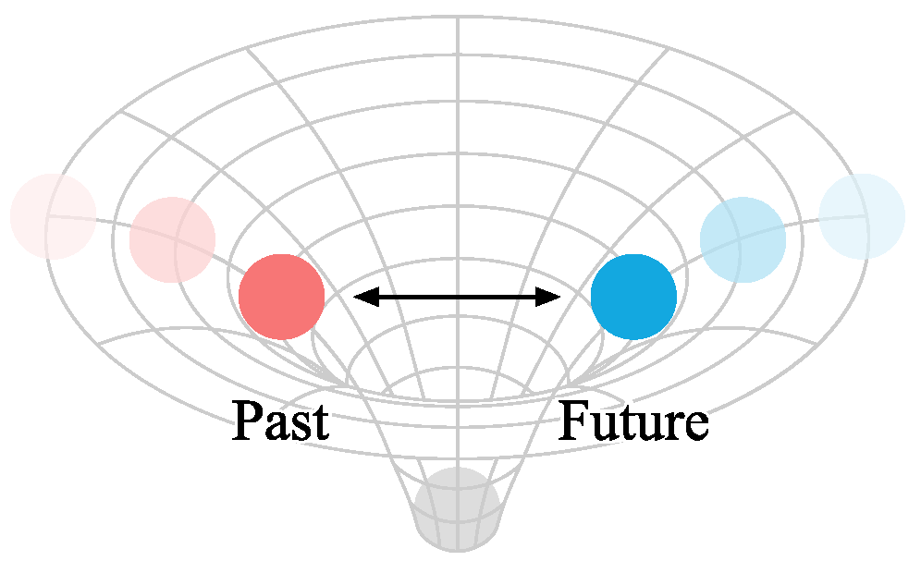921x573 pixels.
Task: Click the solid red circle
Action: pos(281,297)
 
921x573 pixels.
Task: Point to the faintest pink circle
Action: pos(53,216)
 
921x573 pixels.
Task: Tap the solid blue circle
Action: pos(633,297)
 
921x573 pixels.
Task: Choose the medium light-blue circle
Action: pos(743,240)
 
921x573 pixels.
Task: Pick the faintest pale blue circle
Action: pos(861,216)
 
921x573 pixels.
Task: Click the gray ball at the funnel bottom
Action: pos(457,509)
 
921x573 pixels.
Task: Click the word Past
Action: pos(280,421)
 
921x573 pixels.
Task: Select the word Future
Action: pos(633,421)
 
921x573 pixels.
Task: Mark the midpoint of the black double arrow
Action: pos(458,297)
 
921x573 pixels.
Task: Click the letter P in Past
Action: pos(247,421)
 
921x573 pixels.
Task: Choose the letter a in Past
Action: pos(275,427)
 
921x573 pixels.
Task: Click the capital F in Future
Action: pos(574,421)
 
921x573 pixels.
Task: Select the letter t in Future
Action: pos(627,424)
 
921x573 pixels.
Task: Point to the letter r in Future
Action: pos(672,427)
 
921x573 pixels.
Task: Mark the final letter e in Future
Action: pos(695,427)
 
